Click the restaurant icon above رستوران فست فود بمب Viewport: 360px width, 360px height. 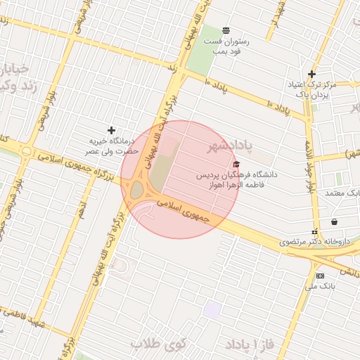tap(226, 30)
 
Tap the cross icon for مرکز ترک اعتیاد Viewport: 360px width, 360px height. tap(312, 74)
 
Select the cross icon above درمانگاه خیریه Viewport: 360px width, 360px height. tap(111, 130)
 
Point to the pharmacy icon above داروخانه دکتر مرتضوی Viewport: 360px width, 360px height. tap(314, 231)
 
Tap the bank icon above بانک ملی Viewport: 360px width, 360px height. tap(321, 276)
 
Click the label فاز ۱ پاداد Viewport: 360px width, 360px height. tap(248, 345)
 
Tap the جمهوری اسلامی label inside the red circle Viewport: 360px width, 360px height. tap(184, 212)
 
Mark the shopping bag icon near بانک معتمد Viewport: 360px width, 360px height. tap(333, 221)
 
